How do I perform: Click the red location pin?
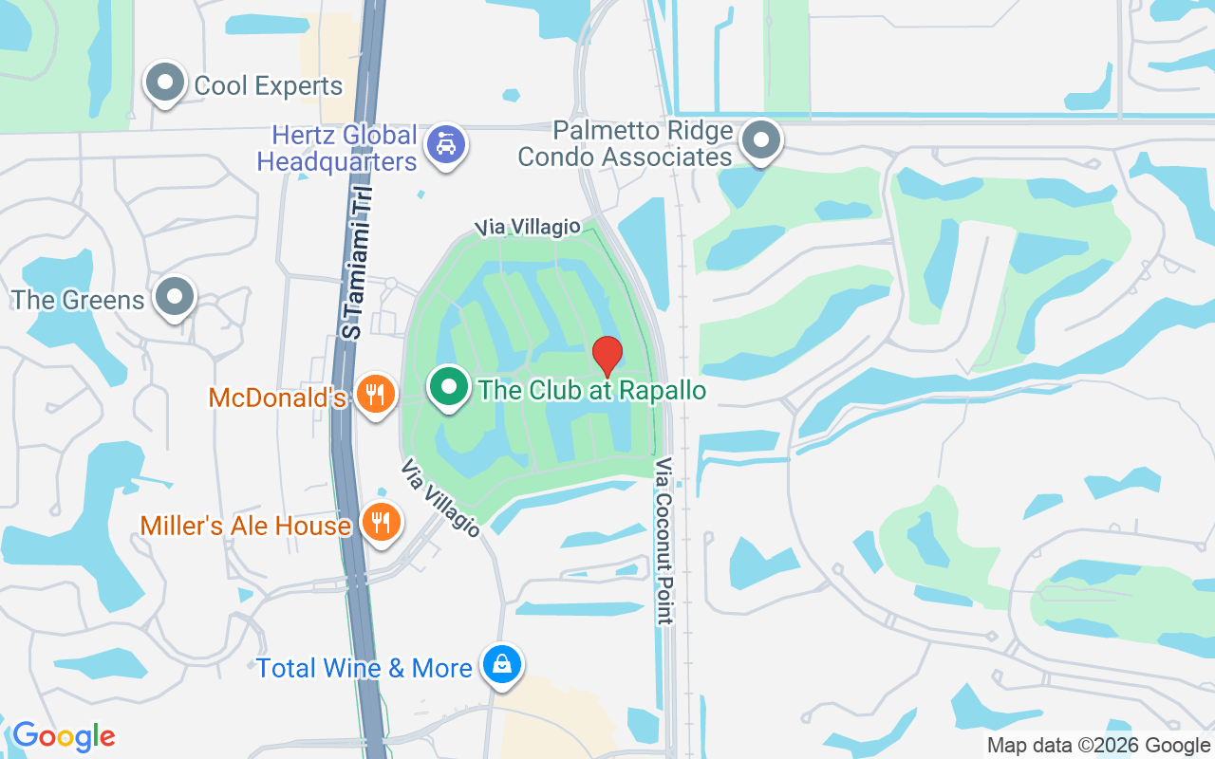(607, 356)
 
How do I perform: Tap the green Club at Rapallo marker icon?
(449, 387)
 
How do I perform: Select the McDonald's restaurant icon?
(377, 394)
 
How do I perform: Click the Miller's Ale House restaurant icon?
(381, 522)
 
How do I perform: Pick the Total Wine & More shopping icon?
(501, 664)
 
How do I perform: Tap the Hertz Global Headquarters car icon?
(445, 144)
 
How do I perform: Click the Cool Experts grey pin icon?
(166, 83)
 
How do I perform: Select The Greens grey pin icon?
(174, 296)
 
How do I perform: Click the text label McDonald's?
(277, 397)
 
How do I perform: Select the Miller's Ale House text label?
(246, 526)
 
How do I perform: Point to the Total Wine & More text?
(364, 668)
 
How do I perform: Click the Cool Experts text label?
(268, 85)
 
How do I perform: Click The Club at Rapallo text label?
(592, 390)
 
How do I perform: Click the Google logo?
(64, 736)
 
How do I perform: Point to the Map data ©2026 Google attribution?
(1099, 746)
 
